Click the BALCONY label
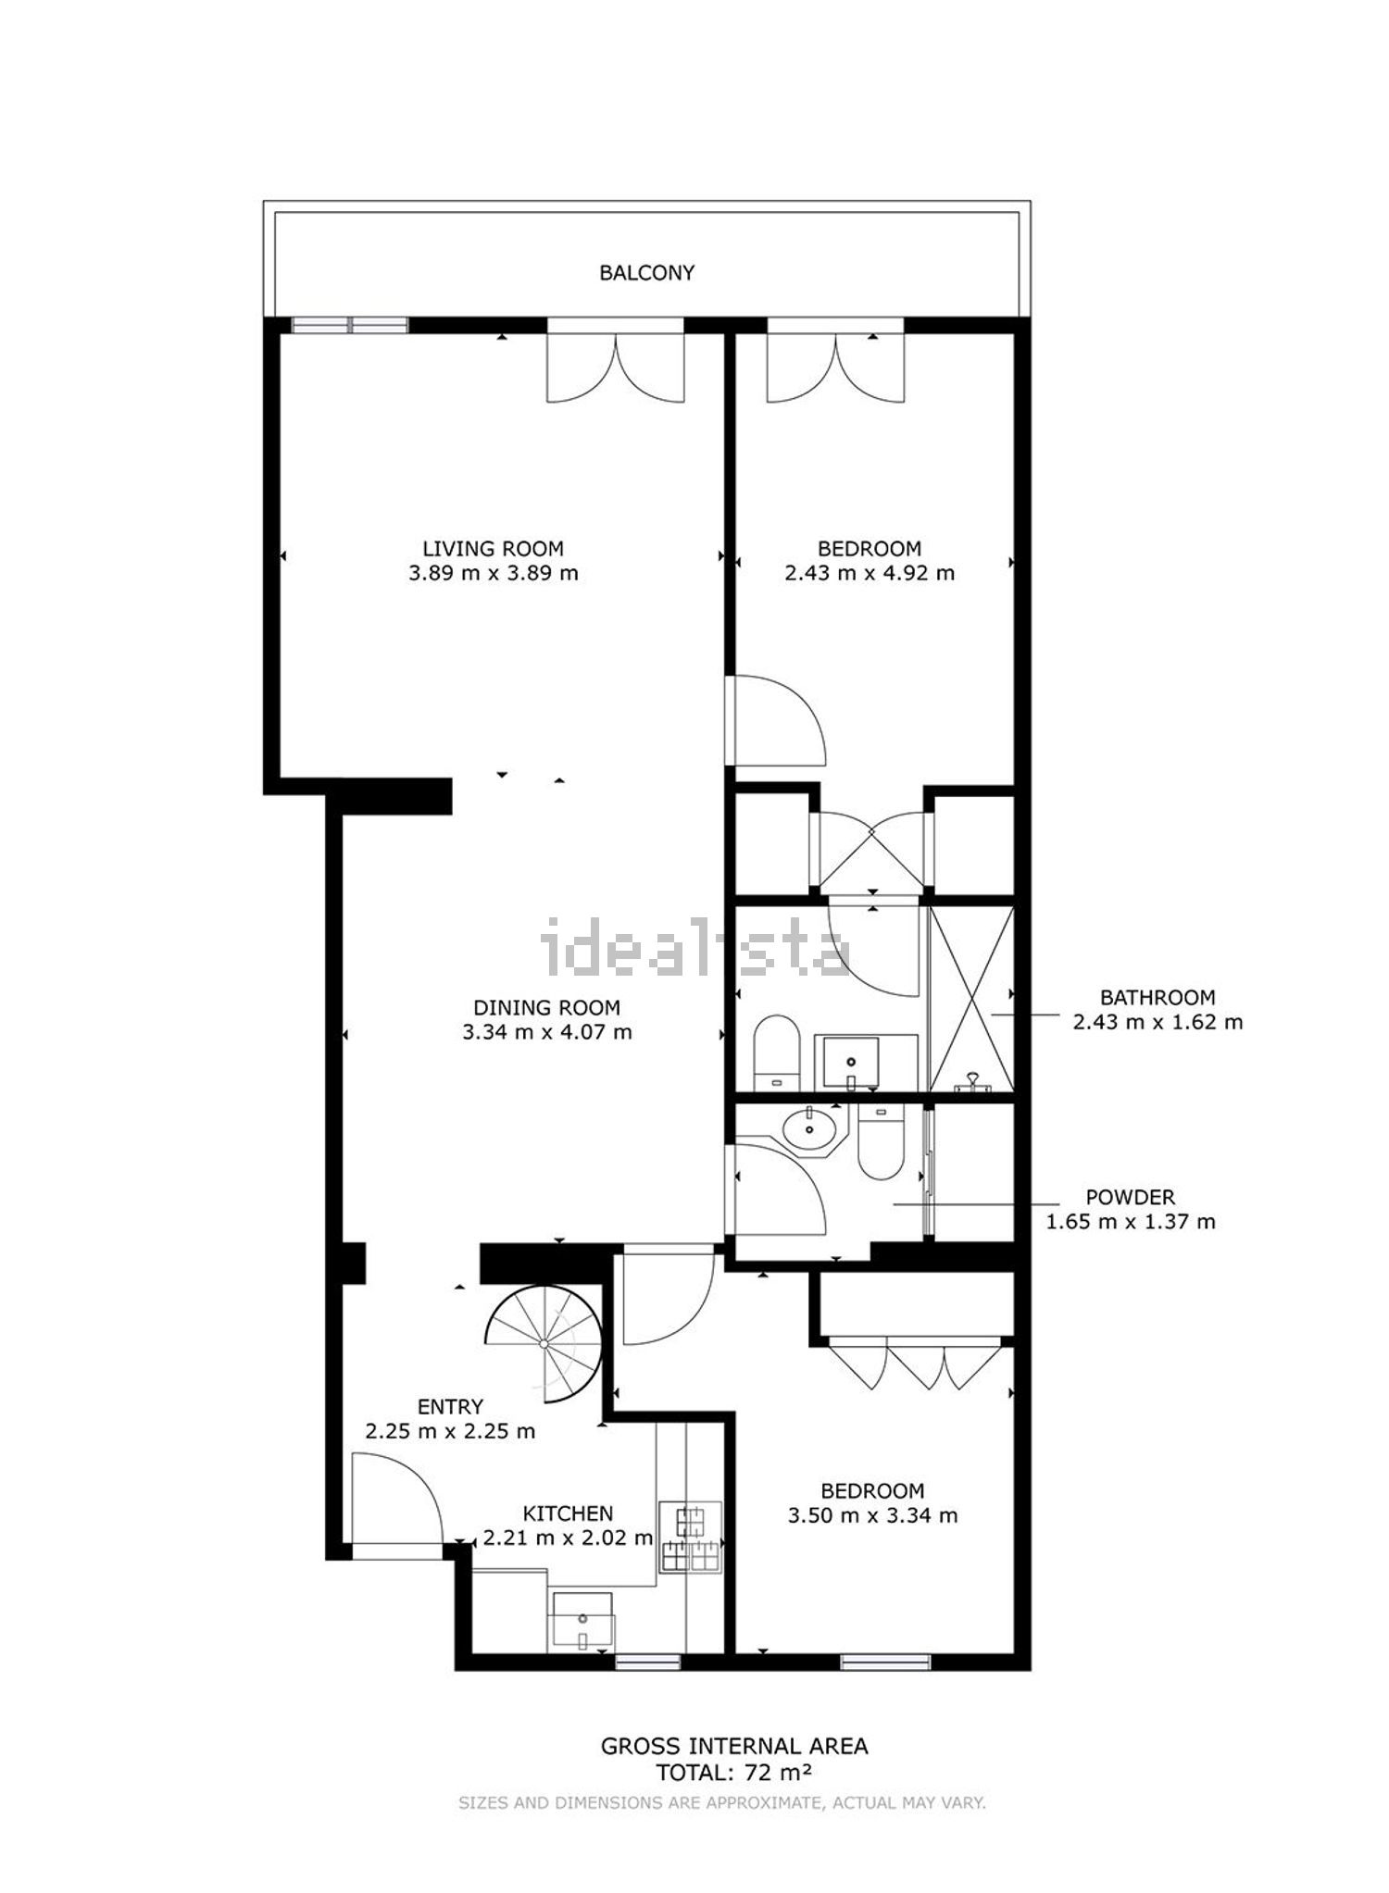tap(646, 273)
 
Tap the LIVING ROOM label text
tap(494, 549)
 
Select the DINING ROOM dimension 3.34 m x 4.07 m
tap(547, 1031)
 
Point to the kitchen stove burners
tap(690, 1538)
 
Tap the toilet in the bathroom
tap(776, 1053)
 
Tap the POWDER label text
tap(1130, 1198)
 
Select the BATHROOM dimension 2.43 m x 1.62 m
tap(1157, 1022)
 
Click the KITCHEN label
tap(568, 1513)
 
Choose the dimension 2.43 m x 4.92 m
tap(870, 572)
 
